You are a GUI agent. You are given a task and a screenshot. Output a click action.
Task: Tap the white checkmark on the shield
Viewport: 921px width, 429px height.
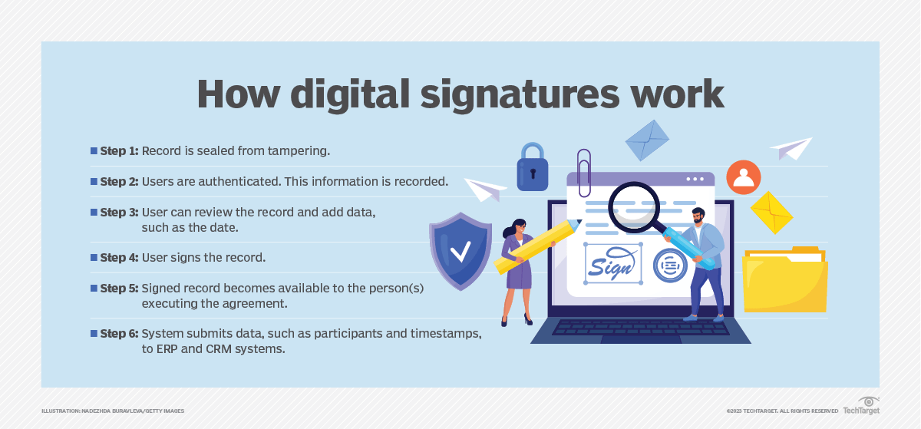460,251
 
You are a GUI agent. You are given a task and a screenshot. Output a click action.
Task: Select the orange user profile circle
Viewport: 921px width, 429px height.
744,177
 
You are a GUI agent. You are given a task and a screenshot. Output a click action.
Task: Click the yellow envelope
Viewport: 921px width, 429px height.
772,213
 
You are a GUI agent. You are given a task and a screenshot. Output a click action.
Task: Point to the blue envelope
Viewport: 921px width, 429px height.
647,140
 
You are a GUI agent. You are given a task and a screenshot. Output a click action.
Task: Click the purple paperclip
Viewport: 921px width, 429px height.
584,173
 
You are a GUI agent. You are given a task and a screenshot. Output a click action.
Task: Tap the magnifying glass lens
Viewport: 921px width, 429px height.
634,207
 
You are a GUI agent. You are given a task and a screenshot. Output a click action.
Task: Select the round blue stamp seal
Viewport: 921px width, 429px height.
670,266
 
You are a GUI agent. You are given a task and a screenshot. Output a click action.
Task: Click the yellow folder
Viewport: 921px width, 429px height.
785,279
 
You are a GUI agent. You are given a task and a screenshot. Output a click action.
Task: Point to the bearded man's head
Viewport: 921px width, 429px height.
698,216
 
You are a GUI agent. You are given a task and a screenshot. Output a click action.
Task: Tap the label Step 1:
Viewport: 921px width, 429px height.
119,151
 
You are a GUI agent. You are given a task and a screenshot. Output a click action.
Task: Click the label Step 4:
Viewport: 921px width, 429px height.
119,258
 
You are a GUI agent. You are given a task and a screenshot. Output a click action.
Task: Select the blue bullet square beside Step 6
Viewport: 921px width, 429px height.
94,333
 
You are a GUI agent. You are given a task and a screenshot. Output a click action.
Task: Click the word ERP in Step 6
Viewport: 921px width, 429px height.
167,348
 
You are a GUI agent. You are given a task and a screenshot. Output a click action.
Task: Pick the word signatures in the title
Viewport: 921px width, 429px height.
520,94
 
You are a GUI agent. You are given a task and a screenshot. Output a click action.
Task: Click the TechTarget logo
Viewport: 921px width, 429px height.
861,406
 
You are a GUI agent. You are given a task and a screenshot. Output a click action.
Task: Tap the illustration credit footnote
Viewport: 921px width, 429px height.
113,411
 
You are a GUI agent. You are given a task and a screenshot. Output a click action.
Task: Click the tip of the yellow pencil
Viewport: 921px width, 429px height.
580,222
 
